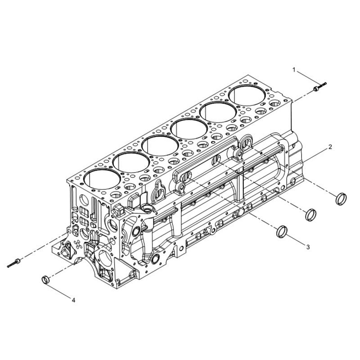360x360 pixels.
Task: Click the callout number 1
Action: pos(294,70)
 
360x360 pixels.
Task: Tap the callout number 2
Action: pos(330,147)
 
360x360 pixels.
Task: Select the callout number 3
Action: pos(308,247)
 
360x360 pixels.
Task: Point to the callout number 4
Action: pos(73,300)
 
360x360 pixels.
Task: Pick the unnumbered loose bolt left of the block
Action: pos(14,263)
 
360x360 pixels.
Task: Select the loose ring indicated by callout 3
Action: pos(282,231)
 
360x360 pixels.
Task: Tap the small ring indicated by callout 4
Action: pos(46,279)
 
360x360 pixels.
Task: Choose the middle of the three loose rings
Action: pos(311,215)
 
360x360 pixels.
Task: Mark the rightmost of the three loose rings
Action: pos(341,199)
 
